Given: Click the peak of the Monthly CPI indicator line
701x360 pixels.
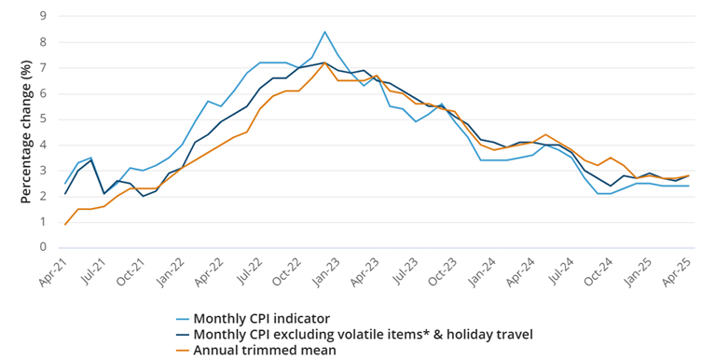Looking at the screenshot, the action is (x=324, y=32).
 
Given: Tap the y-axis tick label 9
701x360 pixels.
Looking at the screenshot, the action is (x=44, y=16).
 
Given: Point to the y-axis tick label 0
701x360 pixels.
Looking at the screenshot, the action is (x=44, y=247).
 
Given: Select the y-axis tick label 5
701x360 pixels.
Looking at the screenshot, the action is (x=44, y=119).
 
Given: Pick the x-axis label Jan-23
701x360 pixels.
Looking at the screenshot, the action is (x=327, y=272).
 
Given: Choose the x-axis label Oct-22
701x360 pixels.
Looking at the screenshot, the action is (x=288, y=272).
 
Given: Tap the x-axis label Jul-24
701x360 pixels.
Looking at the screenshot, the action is (x=561, y=272).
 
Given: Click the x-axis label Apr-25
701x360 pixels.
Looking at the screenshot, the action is (x=679, y=272).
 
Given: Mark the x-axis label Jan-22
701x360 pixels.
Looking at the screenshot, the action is (x=171, y=272).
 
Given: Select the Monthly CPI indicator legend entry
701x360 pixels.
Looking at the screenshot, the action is (x=253, y=318).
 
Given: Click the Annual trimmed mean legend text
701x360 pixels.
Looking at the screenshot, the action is (x=265, y=350).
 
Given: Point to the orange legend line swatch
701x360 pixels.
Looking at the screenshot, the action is (x=182, y=350).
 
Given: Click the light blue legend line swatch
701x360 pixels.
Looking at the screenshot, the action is (x=182, y=319).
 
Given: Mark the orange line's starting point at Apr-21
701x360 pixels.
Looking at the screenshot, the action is (x=65, y=225).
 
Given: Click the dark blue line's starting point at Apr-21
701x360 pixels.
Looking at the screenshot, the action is (x=65, y=194).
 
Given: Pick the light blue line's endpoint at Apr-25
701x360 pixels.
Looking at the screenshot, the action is (x=689, y=186).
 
